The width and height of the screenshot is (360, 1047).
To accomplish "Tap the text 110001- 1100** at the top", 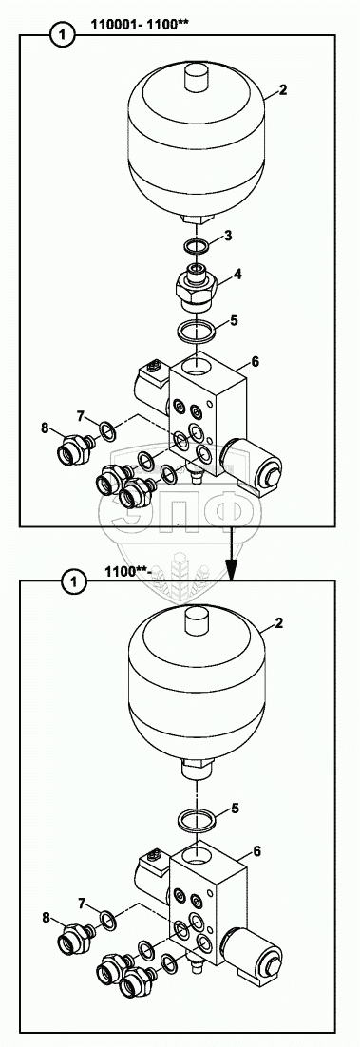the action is [x=139, y=28].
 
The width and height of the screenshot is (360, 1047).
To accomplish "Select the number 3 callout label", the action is [x=228, y=235].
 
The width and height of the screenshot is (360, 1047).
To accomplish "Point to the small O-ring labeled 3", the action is [x=197, y=247].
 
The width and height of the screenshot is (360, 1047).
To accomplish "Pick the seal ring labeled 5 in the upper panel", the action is [x=197, y=329].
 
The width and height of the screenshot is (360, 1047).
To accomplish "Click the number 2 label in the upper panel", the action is [x=282, y=91].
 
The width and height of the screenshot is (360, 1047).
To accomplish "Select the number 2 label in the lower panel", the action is [x=279, y=623].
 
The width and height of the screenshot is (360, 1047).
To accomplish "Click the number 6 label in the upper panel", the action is [x=256, y=361].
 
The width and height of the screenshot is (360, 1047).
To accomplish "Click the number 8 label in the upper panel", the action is [x=45, y=428].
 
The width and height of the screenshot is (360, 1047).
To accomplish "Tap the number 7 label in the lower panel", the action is [x=82, y=904].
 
